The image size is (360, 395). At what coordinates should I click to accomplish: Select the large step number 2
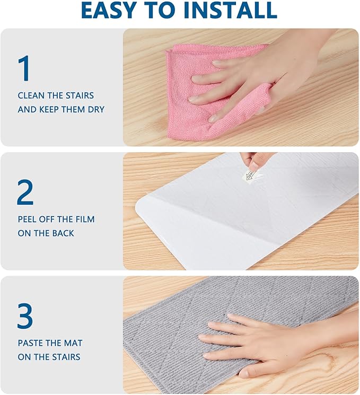(25, 192)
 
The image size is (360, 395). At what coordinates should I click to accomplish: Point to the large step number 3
(25, 316)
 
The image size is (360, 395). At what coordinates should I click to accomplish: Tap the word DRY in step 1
(96, 109)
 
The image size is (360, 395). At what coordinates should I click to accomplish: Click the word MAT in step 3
(73, 343)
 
